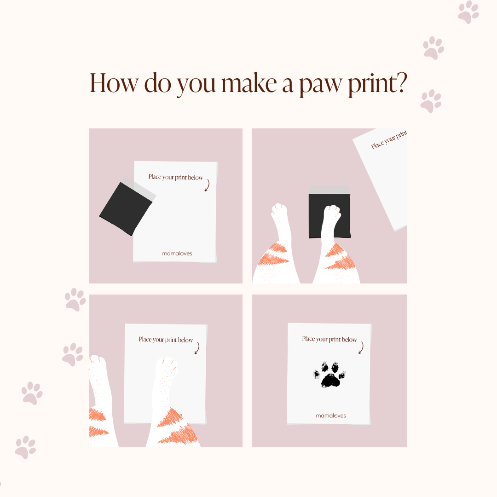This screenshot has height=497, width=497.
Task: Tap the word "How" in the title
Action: click(114, 83)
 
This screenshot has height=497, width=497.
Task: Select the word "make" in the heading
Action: click(249, 83)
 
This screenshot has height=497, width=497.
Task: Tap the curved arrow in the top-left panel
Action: click(207, 185)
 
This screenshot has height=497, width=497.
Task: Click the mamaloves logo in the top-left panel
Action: click(177, 254)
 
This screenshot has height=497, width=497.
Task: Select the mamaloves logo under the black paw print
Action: click(330, 416)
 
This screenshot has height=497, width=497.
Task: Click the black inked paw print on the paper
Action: click(329, 375)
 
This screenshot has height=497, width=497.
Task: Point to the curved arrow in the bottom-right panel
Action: click(361, 347)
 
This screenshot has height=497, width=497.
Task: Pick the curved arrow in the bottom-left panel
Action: click(197, 348)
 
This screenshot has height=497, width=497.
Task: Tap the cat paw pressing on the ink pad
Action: click(331, 214)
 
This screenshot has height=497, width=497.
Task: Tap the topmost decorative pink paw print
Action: click(468, 12)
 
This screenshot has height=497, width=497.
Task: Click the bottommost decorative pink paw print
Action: click(25, 447)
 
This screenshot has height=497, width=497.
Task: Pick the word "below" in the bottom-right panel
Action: click(349, 340)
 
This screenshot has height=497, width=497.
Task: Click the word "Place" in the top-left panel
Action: click(155, 177)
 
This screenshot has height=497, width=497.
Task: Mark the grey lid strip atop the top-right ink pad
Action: click(329, 190)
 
